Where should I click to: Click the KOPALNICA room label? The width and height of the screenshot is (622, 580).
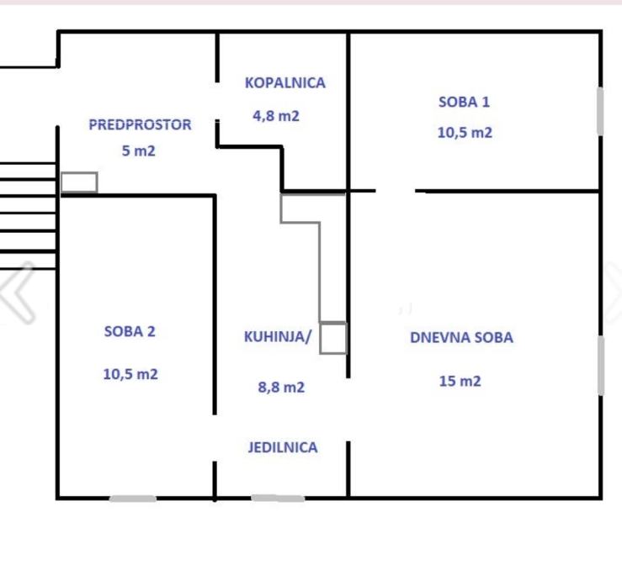point(285,83)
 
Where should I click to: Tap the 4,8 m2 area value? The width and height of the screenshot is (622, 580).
point(276,116)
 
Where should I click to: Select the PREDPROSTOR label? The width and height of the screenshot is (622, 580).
point(140,124)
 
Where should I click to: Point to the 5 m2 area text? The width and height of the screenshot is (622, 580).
point(138,151)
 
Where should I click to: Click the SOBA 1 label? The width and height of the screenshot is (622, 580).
point(464,103)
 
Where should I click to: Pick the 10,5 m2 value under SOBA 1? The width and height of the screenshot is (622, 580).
point(465,132)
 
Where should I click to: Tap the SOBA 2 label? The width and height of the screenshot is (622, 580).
point(130,331)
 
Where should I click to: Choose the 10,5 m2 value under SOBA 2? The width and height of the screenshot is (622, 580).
point(130,374)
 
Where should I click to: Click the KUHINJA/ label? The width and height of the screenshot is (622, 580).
point(278,337)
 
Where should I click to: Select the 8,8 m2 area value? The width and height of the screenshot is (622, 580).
point(281,387)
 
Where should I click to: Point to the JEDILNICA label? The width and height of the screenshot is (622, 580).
point(283,448)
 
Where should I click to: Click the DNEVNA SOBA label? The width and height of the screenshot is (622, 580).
point(462,338)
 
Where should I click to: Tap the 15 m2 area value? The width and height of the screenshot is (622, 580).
point(460,381)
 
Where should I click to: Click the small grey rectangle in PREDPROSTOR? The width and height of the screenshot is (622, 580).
point(79,173)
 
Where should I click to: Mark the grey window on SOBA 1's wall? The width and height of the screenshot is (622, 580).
point(601,111)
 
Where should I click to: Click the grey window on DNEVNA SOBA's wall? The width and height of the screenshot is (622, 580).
point(601,366)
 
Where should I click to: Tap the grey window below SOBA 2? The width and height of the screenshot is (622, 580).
point(133,498)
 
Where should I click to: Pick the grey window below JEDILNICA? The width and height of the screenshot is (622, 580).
point(278,498)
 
